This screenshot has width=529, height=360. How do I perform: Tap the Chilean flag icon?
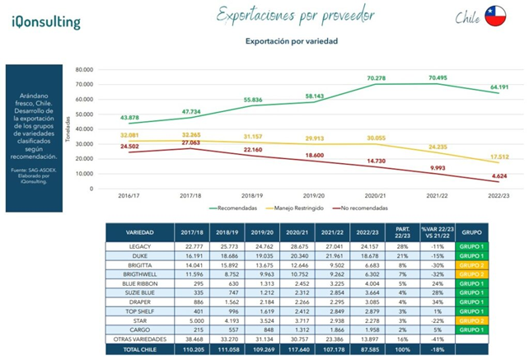tap(495, 16)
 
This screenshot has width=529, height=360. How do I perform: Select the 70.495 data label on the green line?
tap(441, 77)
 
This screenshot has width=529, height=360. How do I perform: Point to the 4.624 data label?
tap(499, 177)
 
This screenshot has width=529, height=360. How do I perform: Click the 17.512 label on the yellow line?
tap(499, 157)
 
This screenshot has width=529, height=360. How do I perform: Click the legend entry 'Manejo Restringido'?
tap(307, 208)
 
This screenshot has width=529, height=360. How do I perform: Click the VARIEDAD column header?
tap(139, 232)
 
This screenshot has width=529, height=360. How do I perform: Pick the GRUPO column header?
tap(472, 232)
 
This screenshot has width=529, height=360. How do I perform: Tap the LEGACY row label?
tap(139, 246)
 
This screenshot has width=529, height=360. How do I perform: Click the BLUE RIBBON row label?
tap(139, 283)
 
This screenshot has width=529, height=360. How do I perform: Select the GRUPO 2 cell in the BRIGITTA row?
tap(472, 264)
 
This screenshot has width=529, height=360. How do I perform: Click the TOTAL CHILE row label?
tap(139, 349)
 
